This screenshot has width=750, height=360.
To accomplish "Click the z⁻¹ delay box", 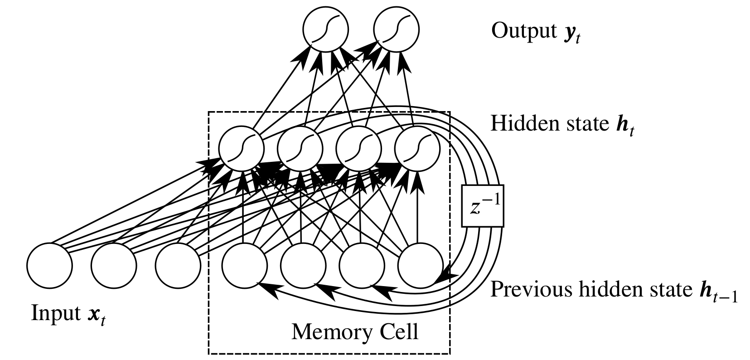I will point(483,206).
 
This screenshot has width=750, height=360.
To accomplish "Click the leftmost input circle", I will point(49,265).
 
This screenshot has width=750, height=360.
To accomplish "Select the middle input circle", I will point(114,265).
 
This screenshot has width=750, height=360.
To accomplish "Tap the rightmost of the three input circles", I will point(178,265).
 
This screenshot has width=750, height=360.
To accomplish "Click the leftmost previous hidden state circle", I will point(245,265).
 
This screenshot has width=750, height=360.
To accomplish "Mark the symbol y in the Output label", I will point(569,33).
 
